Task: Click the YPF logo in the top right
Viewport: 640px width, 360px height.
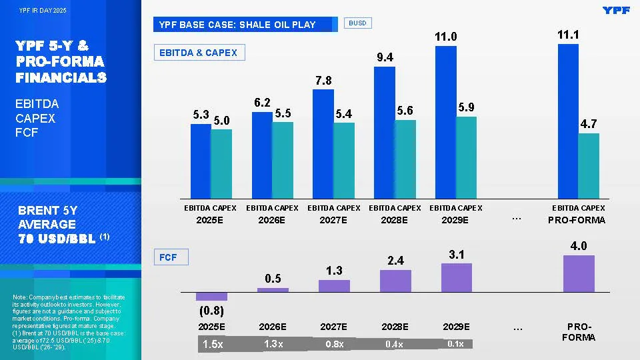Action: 616,10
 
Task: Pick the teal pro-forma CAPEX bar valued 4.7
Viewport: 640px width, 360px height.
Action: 589,166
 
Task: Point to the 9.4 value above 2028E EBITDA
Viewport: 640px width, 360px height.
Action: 385,58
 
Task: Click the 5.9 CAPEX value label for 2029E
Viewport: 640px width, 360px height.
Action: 467,107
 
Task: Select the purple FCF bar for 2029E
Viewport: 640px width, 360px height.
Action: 457,277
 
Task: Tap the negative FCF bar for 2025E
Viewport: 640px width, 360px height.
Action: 212,296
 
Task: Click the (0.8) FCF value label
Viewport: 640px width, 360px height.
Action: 211,311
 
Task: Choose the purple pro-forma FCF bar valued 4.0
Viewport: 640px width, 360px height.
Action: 579,273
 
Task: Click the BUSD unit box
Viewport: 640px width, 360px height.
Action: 358,23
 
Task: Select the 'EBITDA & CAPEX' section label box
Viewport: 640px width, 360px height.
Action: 199,53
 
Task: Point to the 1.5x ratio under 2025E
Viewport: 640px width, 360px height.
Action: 213,345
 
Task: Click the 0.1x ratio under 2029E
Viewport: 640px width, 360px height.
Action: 456,344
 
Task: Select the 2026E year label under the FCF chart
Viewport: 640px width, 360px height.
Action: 273,327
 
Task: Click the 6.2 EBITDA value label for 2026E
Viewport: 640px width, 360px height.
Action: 262,103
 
